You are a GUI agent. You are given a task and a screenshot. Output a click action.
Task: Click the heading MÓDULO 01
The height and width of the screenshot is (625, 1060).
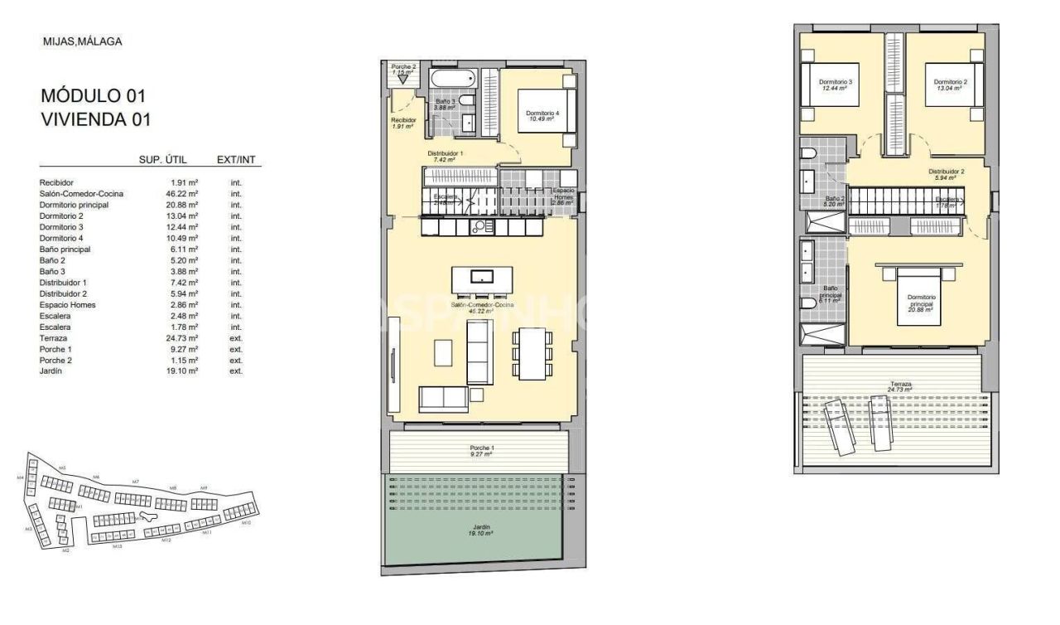93,95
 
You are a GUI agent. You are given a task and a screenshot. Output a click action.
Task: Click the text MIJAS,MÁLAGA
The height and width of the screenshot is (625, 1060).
81,41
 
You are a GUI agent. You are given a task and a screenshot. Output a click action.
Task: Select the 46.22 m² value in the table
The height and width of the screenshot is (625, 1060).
181,194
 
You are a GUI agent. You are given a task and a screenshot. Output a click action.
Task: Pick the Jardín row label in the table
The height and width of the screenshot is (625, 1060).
51,371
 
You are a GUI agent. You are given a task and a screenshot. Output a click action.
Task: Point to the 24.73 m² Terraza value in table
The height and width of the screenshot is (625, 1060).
181,338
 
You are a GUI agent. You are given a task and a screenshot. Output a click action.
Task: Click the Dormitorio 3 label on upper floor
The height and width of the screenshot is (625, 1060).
836,84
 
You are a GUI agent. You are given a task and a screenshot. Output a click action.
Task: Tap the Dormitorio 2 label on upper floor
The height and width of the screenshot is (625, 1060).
950,84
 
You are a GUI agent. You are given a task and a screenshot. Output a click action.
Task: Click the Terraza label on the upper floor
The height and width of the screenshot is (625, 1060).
900,385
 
